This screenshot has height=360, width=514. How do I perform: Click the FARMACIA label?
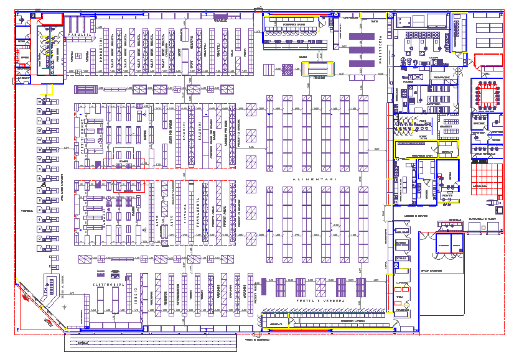coord(80,35)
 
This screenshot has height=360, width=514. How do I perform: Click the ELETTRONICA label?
coord(110,285)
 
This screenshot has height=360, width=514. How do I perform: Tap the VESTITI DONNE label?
coord(81,137)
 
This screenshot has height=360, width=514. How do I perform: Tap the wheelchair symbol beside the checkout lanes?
coord(44,184)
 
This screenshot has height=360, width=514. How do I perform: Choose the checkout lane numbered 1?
coord(41,248)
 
